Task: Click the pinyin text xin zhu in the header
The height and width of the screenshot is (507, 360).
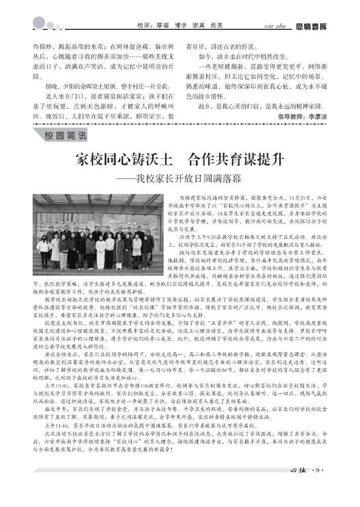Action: (275, 26)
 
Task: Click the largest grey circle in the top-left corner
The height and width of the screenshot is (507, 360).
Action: (39, 22)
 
